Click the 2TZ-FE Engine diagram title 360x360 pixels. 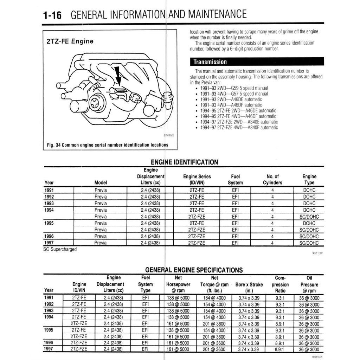click(70, 41)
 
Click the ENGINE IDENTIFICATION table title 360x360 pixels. click(184, 162)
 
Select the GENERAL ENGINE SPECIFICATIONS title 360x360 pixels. click(194, 270)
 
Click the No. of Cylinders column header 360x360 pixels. click(272, 179)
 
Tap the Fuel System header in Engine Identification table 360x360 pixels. click(235, 179)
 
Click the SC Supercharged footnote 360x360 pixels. click(59, 249)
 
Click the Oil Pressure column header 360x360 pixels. click(309, 284)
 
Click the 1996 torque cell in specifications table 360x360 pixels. click(214, 343)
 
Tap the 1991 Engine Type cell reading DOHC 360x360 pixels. click(309, 190)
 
